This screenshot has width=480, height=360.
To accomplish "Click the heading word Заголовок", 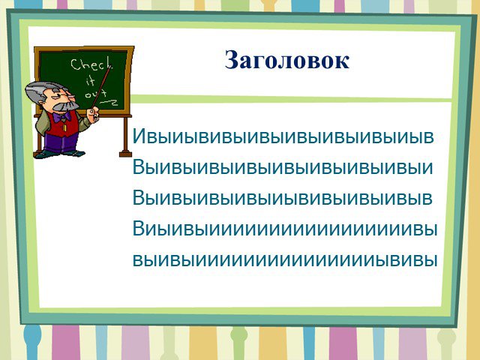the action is (286, 60).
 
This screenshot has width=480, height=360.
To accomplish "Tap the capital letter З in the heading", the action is (232, 60).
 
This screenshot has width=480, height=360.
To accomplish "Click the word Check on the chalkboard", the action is (91, 64).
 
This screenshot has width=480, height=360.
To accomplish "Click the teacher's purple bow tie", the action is (61, 117).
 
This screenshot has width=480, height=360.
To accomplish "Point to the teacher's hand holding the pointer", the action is (92, 114).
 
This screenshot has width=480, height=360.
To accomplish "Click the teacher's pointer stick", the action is (101, 87).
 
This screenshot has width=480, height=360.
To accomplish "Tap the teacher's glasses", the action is (66, 97).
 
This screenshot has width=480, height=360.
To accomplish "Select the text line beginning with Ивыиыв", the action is (283, 136).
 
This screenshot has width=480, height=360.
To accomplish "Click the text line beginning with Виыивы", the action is (285, 228).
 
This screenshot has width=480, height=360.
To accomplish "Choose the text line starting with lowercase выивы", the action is (285, 260).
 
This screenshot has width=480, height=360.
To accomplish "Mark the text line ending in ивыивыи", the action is (283, 167).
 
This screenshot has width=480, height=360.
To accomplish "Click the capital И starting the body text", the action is (138, 136).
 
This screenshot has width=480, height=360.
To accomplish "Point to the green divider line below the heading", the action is (292, 99).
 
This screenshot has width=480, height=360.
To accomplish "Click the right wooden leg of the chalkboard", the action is (125, 136).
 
